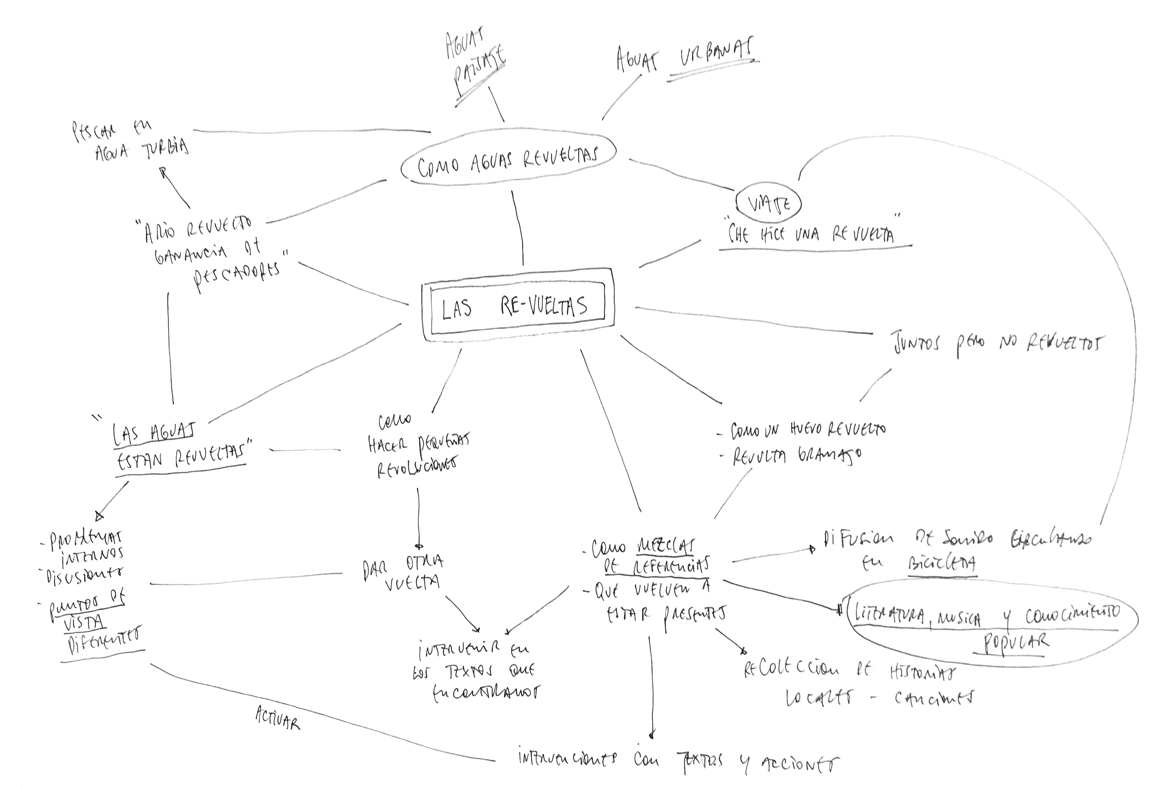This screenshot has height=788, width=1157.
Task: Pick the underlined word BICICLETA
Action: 942,563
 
